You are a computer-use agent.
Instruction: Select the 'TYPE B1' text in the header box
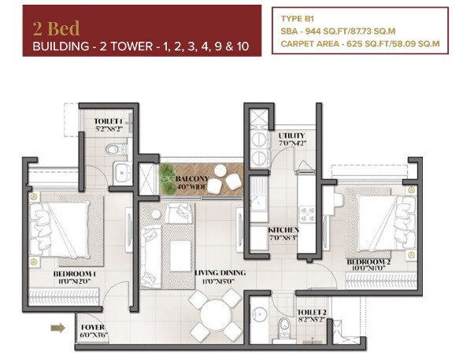click(x=299, y=15)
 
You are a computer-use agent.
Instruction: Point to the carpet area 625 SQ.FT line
click(x=359, y=44)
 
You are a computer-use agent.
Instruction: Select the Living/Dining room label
click(x=220, y=275)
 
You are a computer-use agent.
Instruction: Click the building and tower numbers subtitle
click(x=146, y=47)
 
